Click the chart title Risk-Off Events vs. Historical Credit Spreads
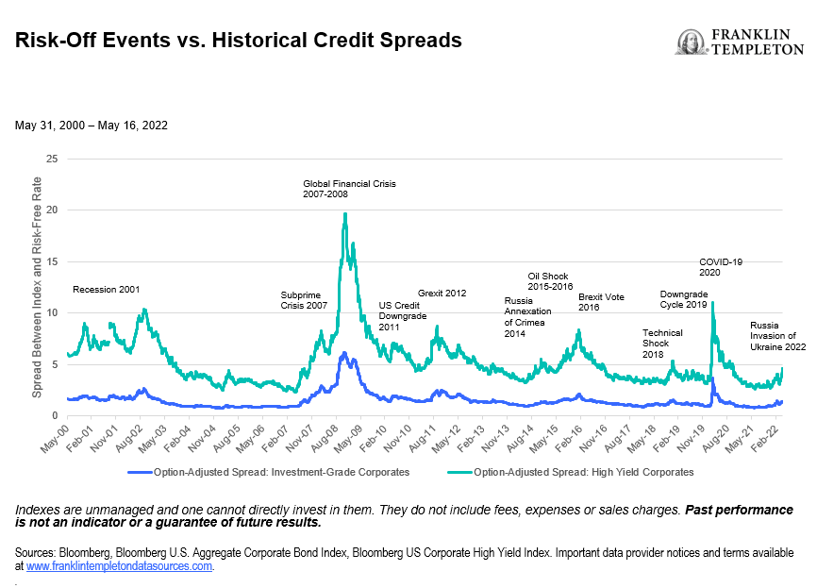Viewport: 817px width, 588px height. coord(238,41)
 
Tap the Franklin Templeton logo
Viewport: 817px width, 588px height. coord(740,42)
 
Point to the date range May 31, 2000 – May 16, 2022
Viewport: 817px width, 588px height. coord(92,125)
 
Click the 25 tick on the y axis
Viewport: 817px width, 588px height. coord(52,160)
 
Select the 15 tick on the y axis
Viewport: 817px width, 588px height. coord(52,261)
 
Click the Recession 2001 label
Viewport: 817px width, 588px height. coord(106,289)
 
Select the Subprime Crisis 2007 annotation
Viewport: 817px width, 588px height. coord(304,300)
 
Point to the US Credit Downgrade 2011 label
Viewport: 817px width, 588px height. coord(402,316)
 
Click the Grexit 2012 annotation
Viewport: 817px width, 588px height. coord(442,294)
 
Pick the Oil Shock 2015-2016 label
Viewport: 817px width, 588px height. coord(550,280)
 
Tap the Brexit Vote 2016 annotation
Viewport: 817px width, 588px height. coord(601,302)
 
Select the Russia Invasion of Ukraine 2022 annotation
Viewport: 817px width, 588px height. coord(778,336)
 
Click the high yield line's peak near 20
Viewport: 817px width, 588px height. coord(345,214)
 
